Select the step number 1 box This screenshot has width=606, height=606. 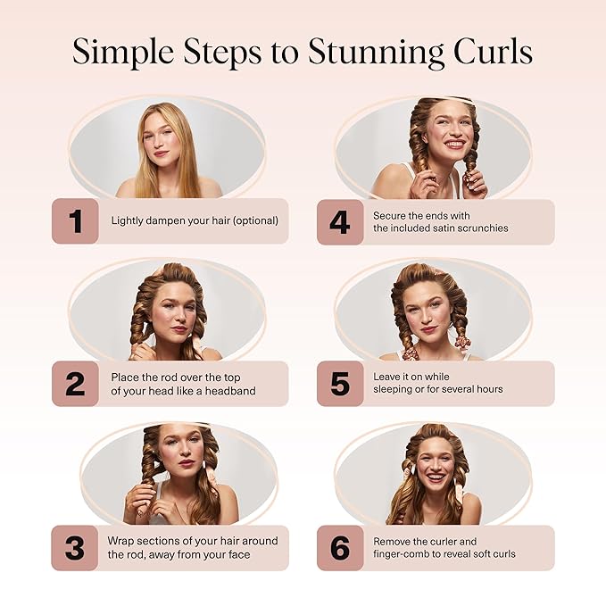[75, 221]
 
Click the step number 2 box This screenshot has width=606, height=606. [75, 384]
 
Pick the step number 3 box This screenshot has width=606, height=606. [75, 547]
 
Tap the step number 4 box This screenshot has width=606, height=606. [340, 221]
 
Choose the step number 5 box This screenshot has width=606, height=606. [340, 384]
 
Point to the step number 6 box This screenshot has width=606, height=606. [340, 547]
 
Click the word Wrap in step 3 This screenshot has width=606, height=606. [120, 541]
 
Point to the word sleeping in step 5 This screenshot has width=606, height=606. [392, 390]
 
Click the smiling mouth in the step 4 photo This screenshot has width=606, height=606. [455, 144]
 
